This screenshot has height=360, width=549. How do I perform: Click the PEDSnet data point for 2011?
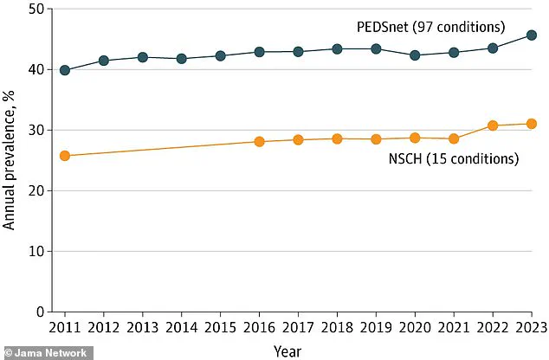click(x=64, y=70)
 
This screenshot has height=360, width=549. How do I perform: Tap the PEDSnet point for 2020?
click(x=415, y=55)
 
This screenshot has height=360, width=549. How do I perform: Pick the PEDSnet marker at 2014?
click(x=181, y=59)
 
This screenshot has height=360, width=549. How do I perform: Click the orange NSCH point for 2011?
click(x=64, y=156)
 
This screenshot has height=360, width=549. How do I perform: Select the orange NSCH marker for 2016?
click(x=259, y=141)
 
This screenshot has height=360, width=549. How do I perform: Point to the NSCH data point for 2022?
click(x=493, y=125)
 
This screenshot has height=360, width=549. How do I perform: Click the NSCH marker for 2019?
click(x=376, y=139)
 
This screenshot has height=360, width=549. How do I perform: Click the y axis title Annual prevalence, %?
click(x=10, y=162)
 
